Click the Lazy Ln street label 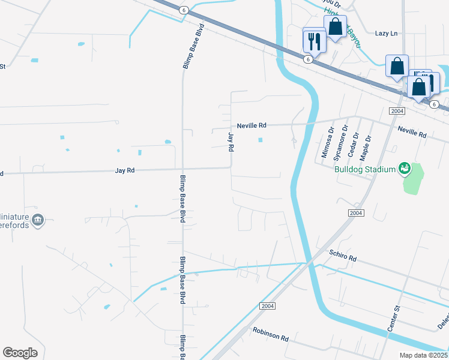386,34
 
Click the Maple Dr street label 365,148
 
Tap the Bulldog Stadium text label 365,169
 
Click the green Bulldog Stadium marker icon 405,169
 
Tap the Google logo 20,353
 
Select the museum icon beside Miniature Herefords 38,220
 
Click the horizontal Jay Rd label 125,171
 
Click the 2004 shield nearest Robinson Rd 268,306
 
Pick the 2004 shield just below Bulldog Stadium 356,213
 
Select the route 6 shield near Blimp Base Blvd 184,9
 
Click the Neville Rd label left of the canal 251,125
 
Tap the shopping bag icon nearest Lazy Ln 335,26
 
